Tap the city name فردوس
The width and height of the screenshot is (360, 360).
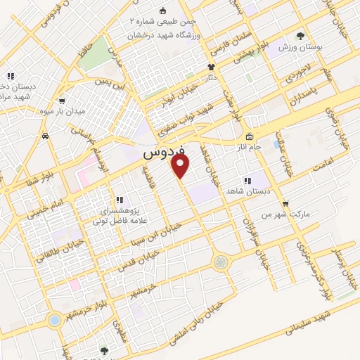[x=163, y=151]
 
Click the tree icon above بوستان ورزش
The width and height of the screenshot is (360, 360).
[x=302, y=34]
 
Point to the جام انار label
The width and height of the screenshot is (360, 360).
[x=249, y=146]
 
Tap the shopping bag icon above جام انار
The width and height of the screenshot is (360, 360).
[x=248, y=135]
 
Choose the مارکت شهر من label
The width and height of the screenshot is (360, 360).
[x=266, y=213]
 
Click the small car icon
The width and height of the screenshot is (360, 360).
[x=46, y=135]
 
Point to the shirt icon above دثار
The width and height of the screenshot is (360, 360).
[x=210, y=66]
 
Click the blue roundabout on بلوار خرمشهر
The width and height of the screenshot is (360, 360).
[x=54, y=320]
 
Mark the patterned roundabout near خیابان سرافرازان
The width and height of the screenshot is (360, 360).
[x=221, y=262]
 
